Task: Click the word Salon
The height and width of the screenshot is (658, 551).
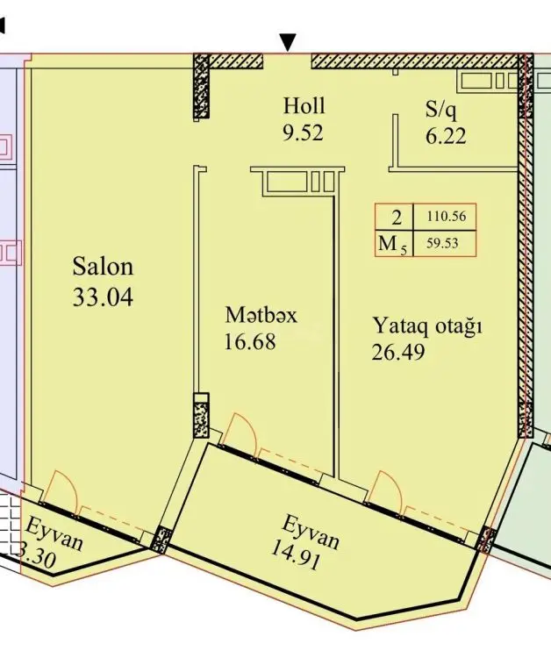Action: click(x=103, y=267)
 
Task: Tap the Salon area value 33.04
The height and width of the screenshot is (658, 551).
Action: click(x=103, y=297)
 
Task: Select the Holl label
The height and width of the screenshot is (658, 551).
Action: click(x=304, y=105)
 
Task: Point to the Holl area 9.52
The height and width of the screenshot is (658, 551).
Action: click(x=303, y=133)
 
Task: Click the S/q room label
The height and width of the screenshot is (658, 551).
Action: click(x=440, y=109)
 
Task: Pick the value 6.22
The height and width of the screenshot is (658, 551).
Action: click(x=446, y=136)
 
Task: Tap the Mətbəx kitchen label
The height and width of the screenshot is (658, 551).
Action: click(x=261, y=315)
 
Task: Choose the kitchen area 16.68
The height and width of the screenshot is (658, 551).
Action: click(x=250, y=341)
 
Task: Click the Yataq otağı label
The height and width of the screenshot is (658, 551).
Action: click(x=427, y=326)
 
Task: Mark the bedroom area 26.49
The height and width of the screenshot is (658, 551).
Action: click(x=398, y=352)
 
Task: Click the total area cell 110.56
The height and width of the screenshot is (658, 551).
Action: click(x=447, y=217)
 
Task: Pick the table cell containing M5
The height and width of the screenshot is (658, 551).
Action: click(x=394, y=243)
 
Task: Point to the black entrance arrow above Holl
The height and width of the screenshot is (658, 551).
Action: click(x=288, y=43)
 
